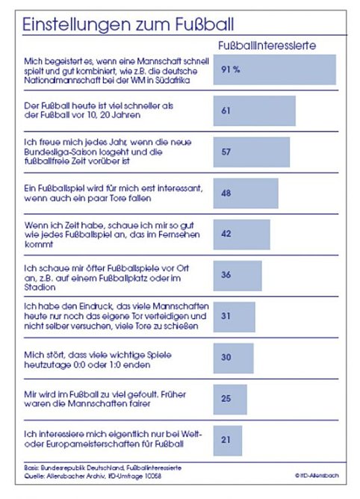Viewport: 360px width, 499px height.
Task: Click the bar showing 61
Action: coord(255,111)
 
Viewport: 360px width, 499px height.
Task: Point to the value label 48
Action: coord(227,192)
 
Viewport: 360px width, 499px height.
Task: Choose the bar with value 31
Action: coord(235,316)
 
